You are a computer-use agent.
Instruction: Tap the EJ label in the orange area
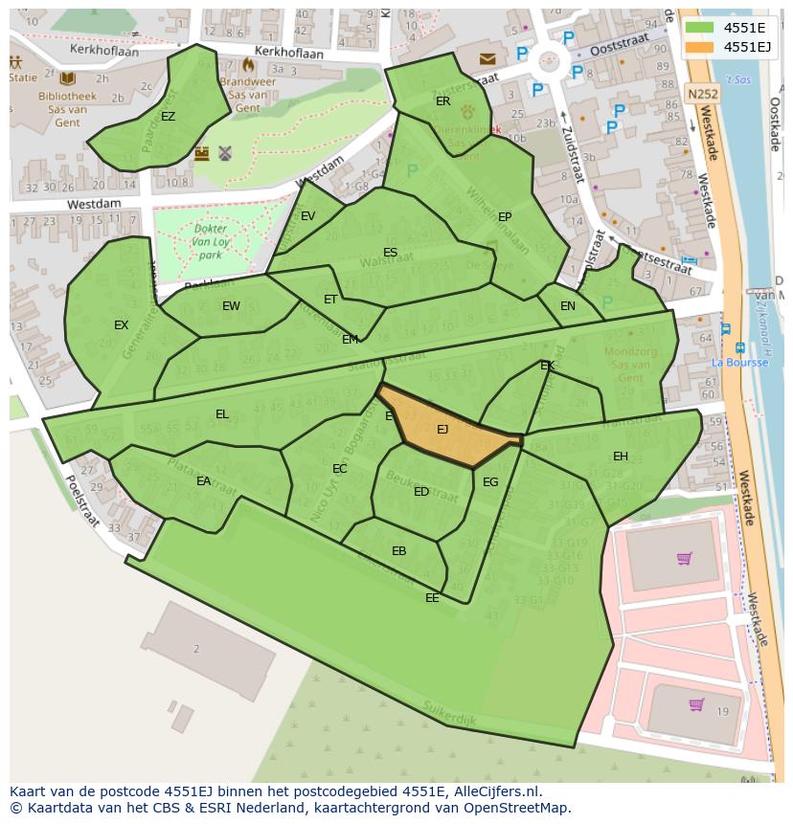[442, 430]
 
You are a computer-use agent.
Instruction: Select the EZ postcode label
[168, 117]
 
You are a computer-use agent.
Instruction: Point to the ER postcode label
[442, 100]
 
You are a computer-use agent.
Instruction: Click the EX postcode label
[121, 325]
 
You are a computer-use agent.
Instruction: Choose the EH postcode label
[621, 457]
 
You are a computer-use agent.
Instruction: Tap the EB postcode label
[398, 551]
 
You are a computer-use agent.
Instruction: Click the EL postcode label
[222, 414]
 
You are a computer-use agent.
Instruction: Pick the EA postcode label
[203, 481]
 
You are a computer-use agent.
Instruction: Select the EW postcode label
[231, 306]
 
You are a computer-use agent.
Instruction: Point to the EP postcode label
[505, 217]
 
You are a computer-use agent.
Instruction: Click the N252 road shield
[702, 94]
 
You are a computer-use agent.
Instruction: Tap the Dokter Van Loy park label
[204, 242]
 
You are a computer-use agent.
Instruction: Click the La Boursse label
[739, 363]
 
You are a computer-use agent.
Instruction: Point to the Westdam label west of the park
[94, 204]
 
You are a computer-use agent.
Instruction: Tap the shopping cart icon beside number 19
[696, 704]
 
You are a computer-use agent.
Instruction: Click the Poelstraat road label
[82, 497]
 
